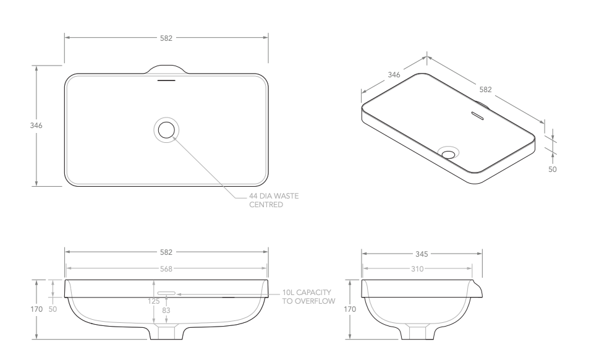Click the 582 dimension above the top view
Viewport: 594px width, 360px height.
click(166, 38)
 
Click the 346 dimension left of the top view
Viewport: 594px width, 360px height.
click(36, 126)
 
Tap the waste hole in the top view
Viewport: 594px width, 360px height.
click(166, 130)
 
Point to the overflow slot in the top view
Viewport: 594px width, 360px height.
click(166, 80)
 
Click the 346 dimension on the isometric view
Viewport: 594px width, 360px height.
click(393, 75)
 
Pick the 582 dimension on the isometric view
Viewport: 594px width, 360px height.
click(485, 89)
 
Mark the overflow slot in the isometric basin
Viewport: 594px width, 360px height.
click(478, 114)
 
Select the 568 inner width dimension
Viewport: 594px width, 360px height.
click(166, 268)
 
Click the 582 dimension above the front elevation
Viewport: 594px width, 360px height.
click(166, 252)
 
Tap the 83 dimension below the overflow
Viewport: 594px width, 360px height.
click(166, 309)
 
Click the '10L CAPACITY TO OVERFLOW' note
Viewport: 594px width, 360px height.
click(308, 297)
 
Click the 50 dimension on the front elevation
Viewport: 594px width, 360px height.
click(53, 309)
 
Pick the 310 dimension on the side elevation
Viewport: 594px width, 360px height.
click(418, 268)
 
